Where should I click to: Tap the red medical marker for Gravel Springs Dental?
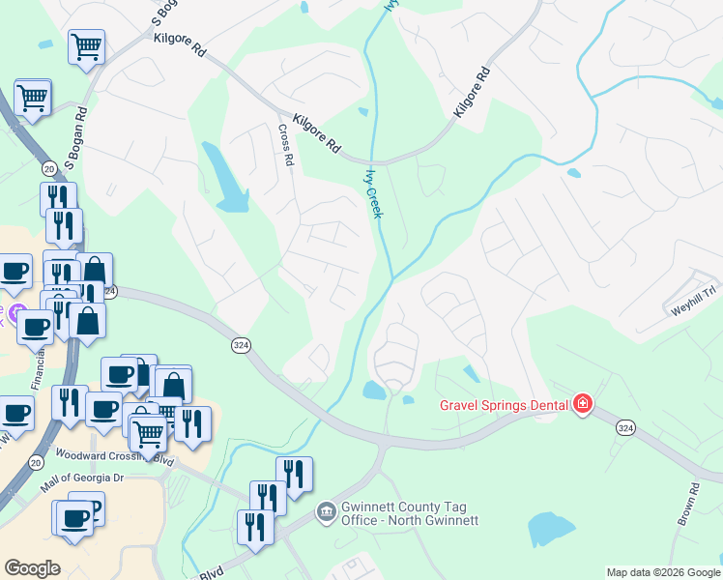pos(583,404)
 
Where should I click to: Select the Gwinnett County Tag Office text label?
pos(411,513)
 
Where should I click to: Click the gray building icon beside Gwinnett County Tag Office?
pos(327,509)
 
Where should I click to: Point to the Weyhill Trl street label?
pos(694,302)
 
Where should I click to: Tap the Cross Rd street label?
pos(285,145)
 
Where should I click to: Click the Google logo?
pos(32,568)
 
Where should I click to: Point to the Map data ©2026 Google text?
pos(663,572)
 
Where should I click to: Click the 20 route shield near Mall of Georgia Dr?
pos(37,463)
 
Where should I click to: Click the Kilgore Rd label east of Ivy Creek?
pos(473,93)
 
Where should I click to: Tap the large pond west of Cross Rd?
pos(224,178)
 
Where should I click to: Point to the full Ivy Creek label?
pos(372,193)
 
